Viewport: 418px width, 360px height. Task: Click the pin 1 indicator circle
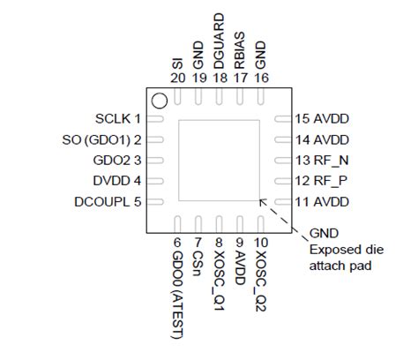[160, 101]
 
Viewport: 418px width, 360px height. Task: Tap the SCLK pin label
[113, 119]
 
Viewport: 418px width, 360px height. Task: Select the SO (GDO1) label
[96, 140]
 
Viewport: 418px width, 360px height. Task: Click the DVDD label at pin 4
[111, 181]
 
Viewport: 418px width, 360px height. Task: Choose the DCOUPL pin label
[102, 202]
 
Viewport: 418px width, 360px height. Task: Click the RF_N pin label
[332, 161]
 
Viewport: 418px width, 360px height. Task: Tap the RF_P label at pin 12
[331, 181]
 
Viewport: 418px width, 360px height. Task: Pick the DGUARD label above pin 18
[220, 41]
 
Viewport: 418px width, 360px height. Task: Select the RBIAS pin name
[240, 50]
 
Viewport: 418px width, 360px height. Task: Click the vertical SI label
[177, 64]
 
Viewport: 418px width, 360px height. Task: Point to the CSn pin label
[198, 264]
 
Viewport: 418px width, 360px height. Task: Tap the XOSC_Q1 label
[219, 281]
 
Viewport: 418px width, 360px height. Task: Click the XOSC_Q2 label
[260, 281]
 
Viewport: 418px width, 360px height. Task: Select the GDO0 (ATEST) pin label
[177, 295]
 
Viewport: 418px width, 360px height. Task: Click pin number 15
[302, 119]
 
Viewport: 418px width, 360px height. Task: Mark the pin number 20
[178, 78]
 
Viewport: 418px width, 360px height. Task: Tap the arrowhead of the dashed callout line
[262, 202]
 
